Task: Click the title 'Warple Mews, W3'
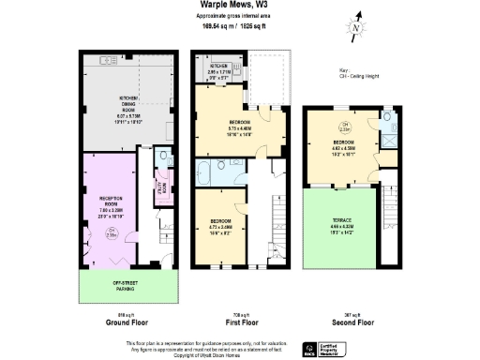[239, 7]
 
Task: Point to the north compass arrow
[355, 27]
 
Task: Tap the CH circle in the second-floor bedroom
[344, 128]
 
